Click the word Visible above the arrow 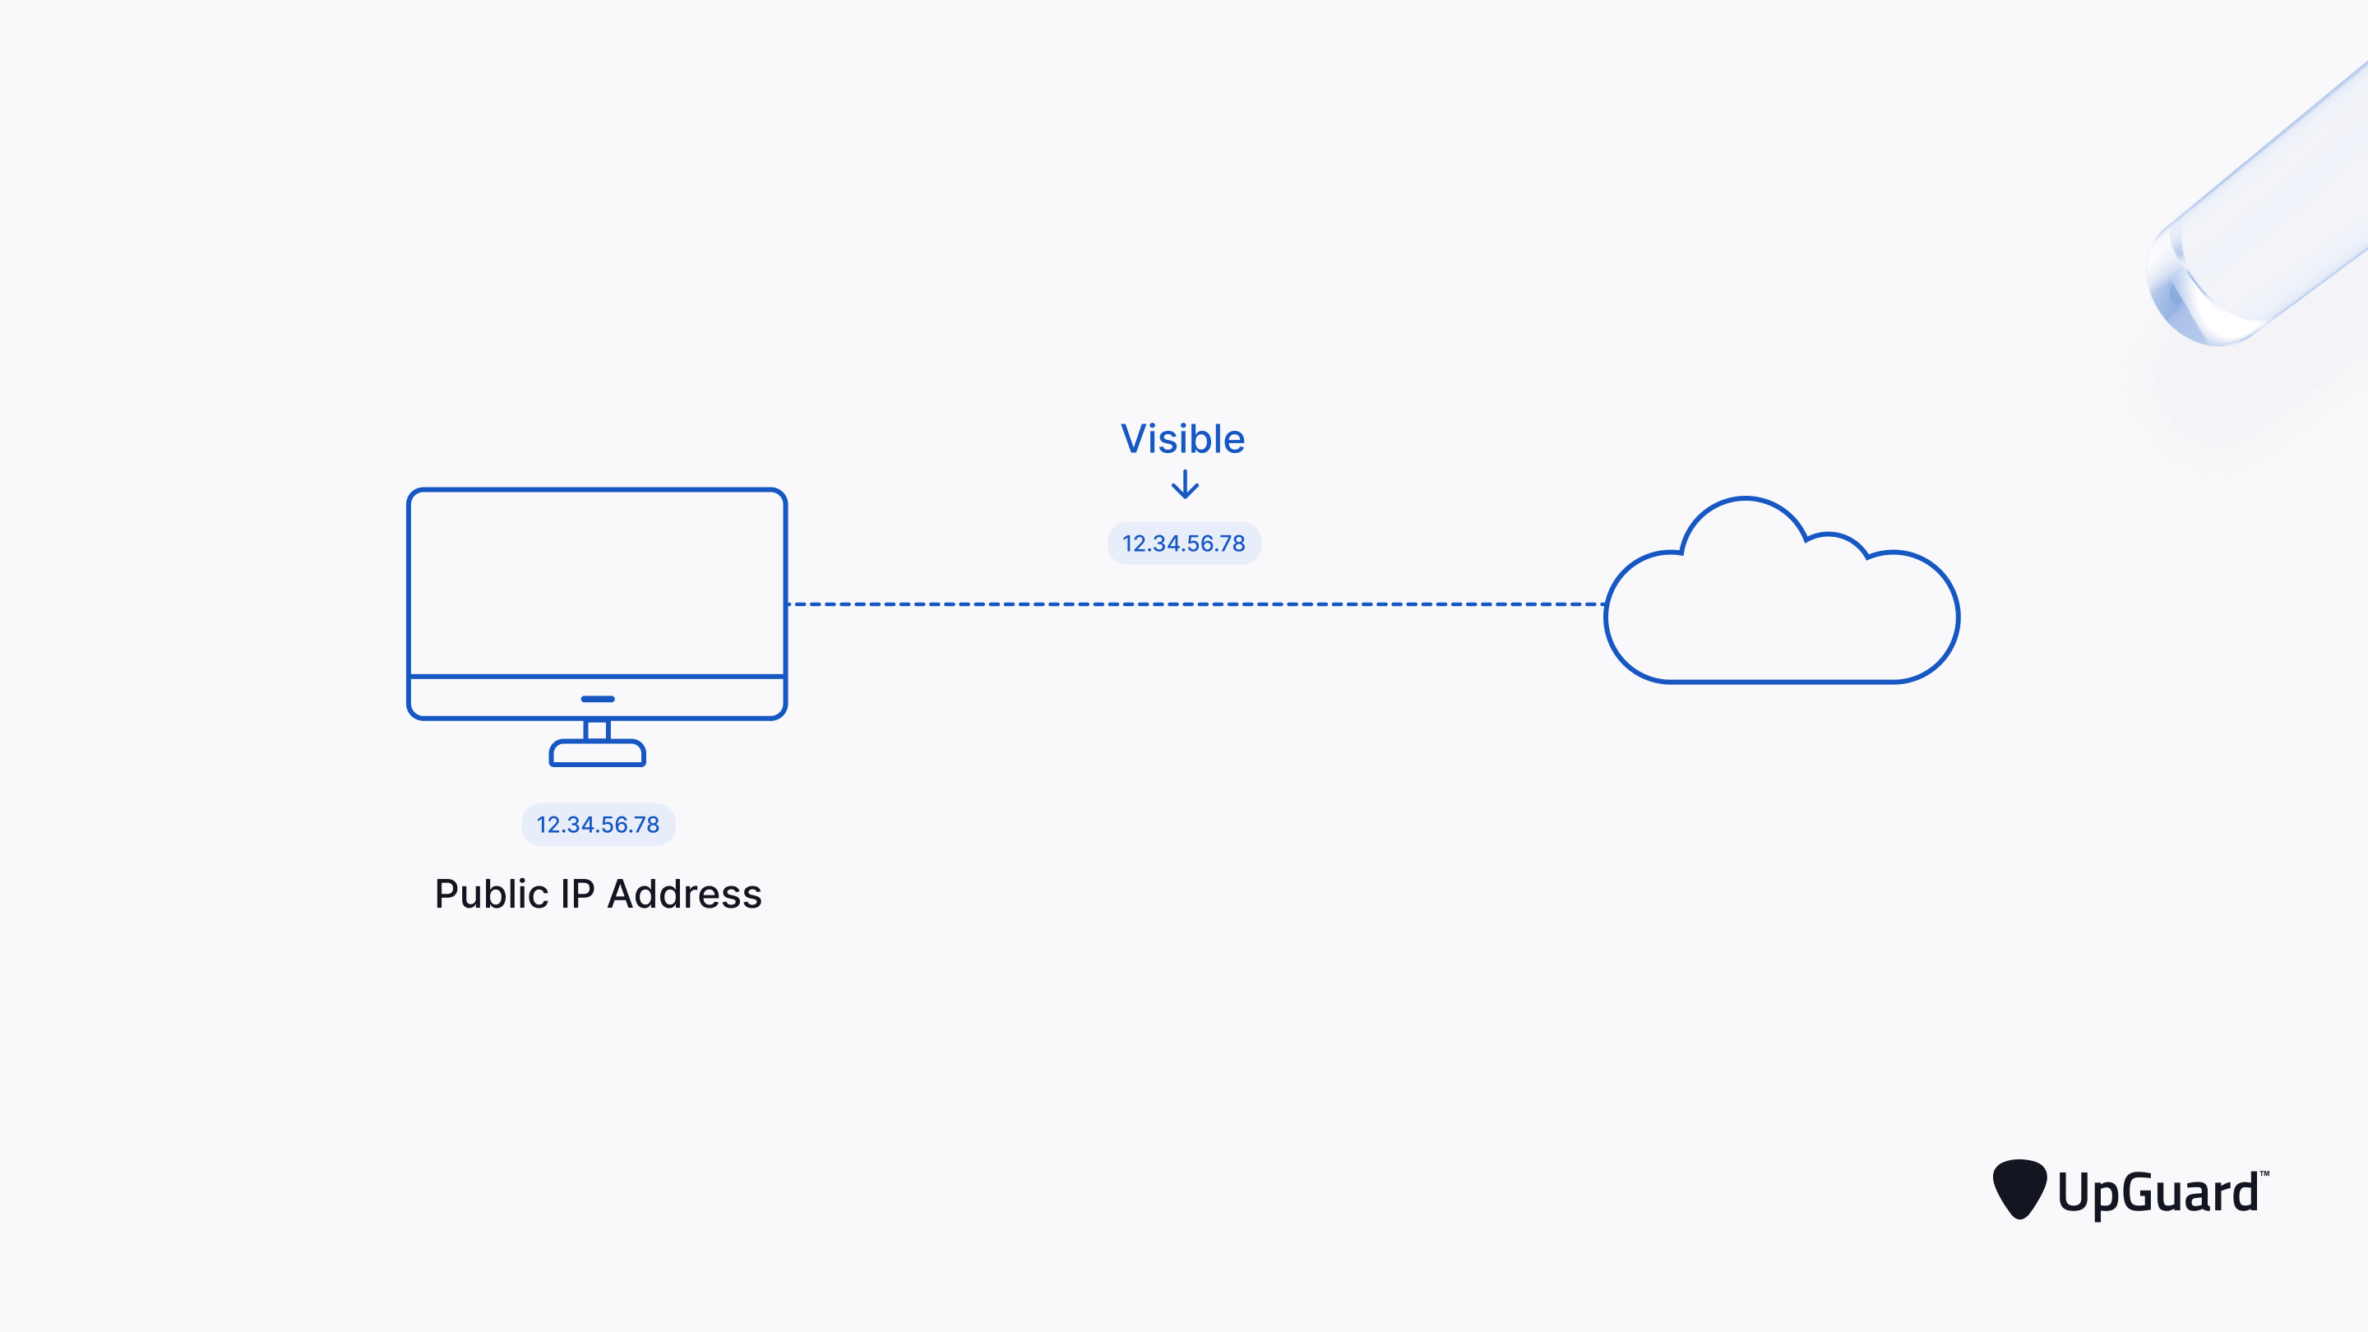point(1182,439)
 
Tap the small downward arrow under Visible point(1185,484)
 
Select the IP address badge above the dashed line point(1184,543)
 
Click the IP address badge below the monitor point(599,825)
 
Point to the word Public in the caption point(491,895)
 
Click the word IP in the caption point(577,895)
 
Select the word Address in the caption point(685,895)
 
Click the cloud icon point(1782,611)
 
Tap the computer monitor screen point(598,582)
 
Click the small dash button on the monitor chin point(598,699)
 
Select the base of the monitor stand point(598,753)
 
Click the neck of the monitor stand point(598,730)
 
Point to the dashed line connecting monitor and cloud point(1195,604)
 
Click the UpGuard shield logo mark point(2019,1187)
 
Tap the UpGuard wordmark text point(2157,1193)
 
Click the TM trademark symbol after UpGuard point(2264,1174)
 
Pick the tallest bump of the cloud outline point(1745,502)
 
